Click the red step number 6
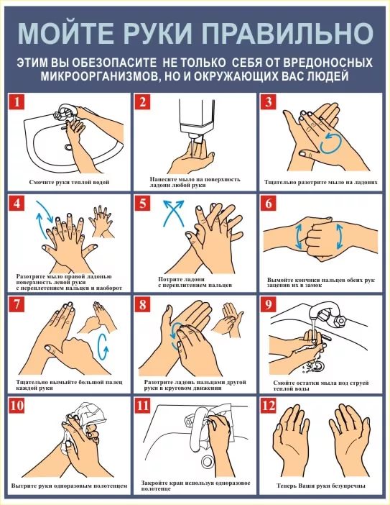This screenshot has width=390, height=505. click(269, 204)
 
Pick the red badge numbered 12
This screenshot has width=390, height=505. click(269, 406)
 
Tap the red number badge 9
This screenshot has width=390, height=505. click(269, 304)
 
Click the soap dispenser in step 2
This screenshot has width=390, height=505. click(197, 119)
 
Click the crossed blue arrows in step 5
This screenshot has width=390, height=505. click(174, 212)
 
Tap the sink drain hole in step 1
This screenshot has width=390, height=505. click(69, 147)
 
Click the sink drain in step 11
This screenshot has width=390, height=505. click(208, 462)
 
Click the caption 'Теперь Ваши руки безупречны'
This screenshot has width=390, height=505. click(321, 486)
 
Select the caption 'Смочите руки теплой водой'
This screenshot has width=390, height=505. click(69, 182)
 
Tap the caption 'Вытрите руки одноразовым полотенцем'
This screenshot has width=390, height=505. click(69, 486)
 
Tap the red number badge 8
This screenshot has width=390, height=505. click(142, 304)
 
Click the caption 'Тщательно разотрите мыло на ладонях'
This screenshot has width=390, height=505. click(321, 182)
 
